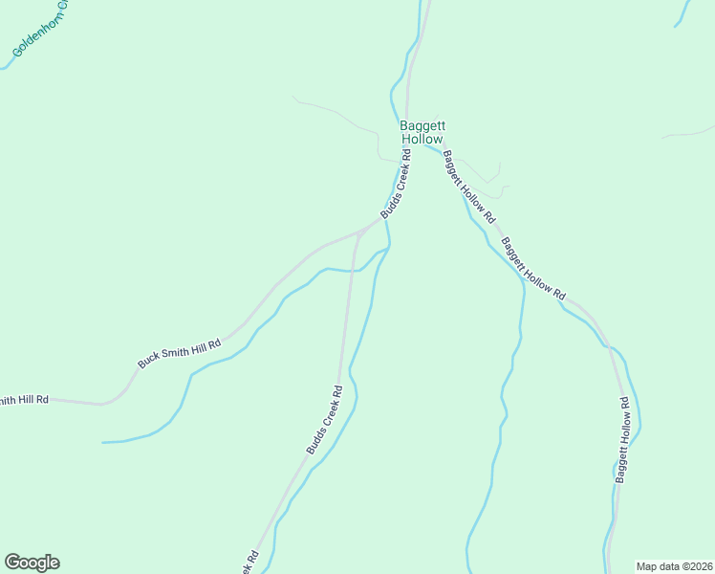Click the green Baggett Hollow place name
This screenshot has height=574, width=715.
[x=422, y=132]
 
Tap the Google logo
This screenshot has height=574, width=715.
[x=32, y=563]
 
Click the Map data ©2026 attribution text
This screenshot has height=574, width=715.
[x=674, y=566]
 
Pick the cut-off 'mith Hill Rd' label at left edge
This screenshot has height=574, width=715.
[x=24, y=400]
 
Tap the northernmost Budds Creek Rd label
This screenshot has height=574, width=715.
[x=396, y=184]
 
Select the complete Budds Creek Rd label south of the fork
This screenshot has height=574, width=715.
[x=324, y=419]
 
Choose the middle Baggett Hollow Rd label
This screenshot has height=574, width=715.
[x=533, y=269]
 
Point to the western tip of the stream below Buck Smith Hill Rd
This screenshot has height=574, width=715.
[x=104, y=442]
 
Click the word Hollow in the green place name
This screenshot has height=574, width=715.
[x=422, y=139]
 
